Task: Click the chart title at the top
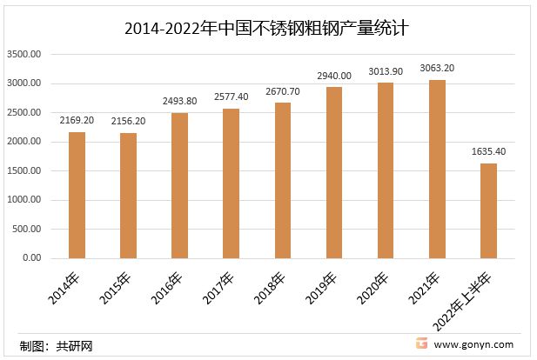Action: coord(268,29)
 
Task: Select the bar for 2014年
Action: coord(77,195)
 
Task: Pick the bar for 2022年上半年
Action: coord(488,210)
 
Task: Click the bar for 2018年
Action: coord(283,180)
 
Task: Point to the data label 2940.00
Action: coord(334,76)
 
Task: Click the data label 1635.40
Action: coord(488,151)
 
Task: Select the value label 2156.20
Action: coord(128,121)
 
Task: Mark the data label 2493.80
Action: coord(179,101)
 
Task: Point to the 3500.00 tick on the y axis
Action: coord(24,55)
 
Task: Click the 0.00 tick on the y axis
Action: coord(32,258)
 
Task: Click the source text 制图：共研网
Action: coord(56,346)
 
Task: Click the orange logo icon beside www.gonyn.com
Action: coord(420,344)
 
